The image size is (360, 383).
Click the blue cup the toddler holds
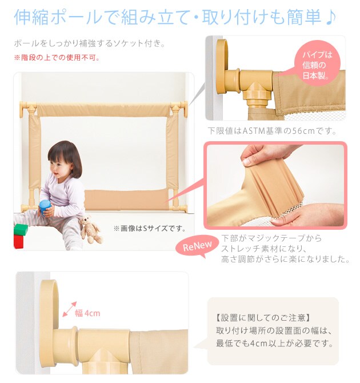pos(45,208)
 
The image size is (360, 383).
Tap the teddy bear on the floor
pos(90,230)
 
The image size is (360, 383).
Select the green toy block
pos(21,230)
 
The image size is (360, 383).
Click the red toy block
pos(18,242)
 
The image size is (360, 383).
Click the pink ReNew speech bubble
pos(197,246)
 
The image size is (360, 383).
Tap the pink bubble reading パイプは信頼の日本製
pos(317,64)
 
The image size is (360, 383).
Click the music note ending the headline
pos(331,18)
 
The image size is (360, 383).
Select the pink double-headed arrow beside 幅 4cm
pos(70,309)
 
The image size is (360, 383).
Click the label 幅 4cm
pos(87,313)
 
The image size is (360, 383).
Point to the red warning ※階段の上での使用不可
pos(57,58)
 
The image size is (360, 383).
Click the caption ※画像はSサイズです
pos(150,229)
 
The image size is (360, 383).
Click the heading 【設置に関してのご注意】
pos(263,318)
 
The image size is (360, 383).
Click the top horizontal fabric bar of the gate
pos(103,109)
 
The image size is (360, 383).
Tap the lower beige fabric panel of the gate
pos(126,200)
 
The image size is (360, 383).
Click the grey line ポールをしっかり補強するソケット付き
pos(90,43)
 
